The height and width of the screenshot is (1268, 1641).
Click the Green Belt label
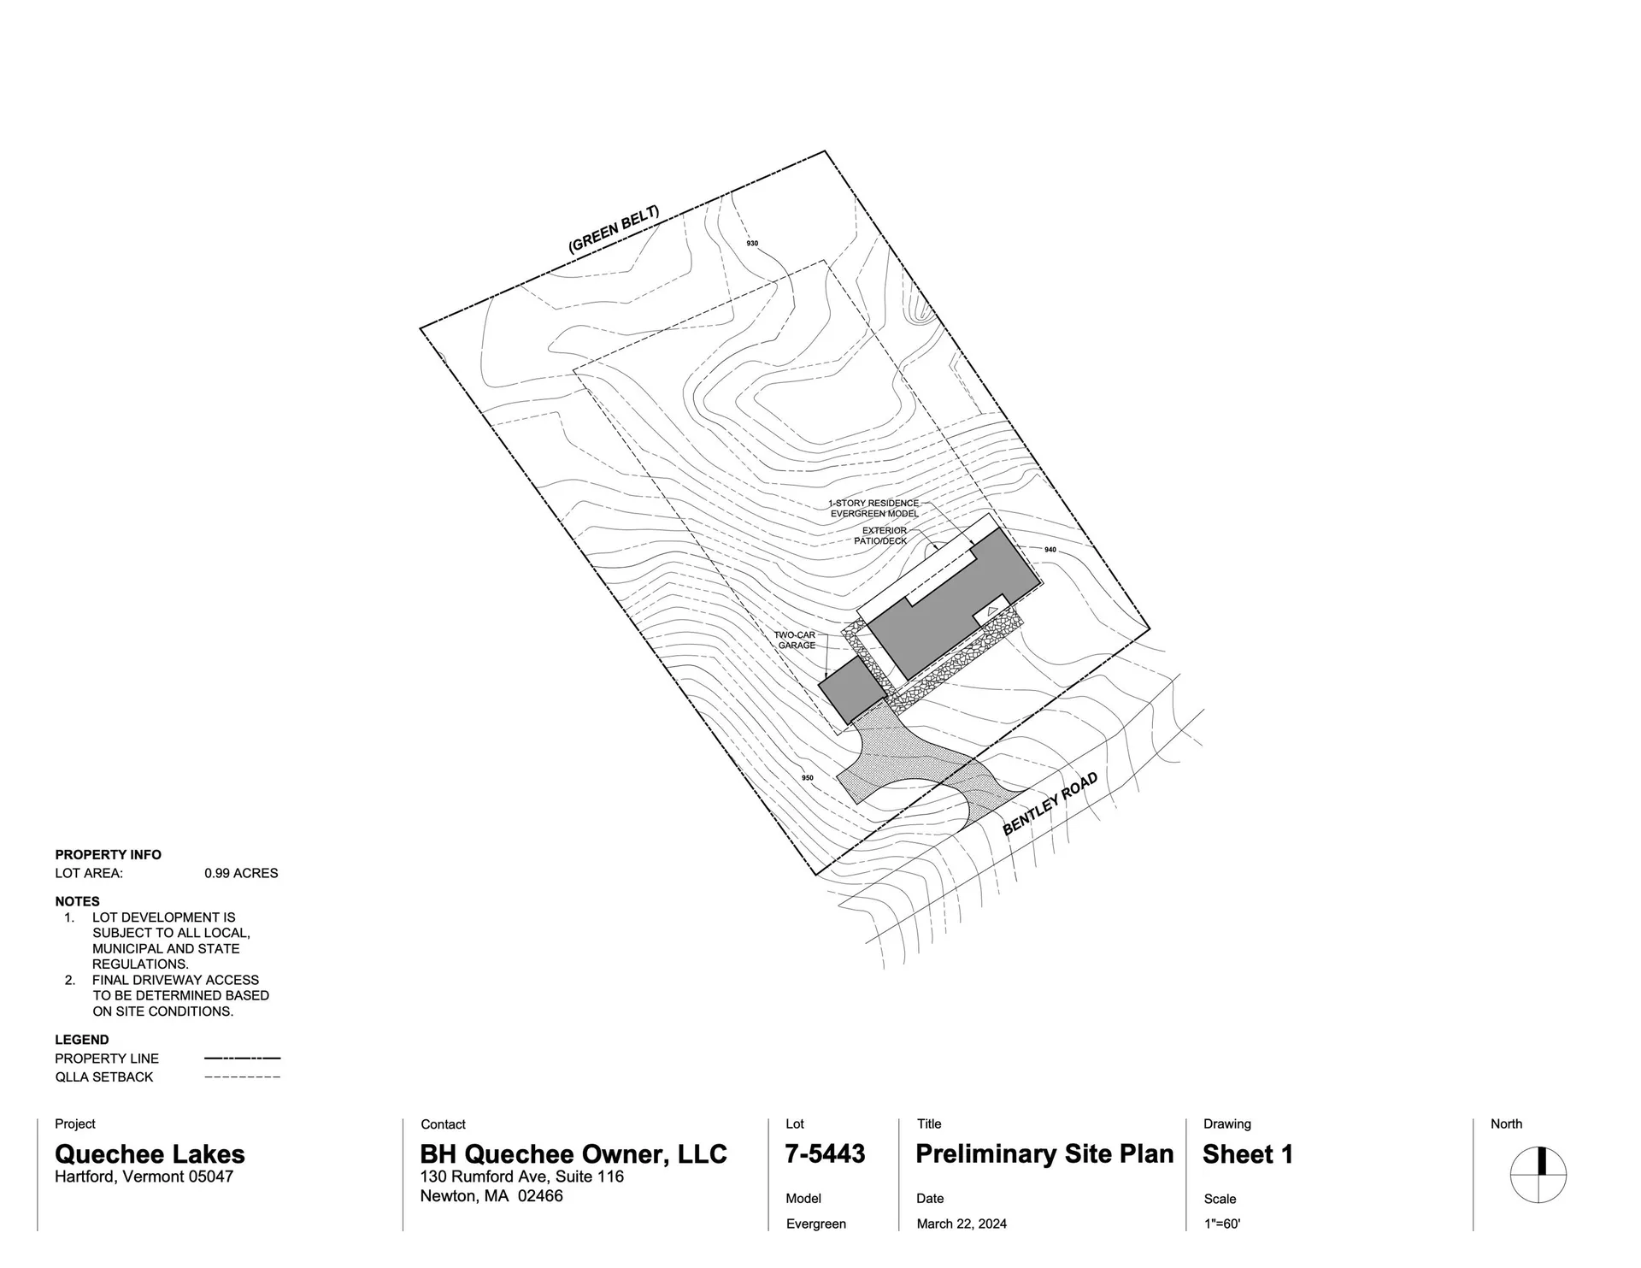614,229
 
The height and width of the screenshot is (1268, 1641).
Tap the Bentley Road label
1050,804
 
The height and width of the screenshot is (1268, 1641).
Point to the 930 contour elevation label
752,244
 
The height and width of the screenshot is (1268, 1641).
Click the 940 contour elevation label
1050,550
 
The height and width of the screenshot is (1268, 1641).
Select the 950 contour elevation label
808,778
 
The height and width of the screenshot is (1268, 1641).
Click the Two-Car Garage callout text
796,640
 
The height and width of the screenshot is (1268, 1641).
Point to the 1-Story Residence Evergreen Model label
873,509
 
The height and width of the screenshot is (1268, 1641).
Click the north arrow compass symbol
1538,1175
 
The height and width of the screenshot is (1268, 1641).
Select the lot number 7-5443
825,1154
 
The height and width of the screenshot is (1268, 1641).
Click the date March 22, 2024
962,1224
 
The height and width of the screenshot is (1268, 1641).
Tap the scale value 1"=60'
1222,1224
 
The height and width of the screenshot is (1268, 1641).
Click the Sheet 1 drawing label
1247,1154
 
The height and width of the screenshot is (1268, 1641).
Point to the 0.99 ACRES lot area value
241,873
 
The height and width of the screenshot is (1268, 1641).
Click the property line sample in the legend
242,1059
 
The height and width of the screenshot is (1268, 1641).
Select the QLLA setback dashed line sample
242,1077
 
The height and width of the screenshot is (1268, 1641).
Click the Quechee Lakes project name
150,1154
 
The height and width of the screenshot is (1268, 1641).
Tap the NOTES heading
77,901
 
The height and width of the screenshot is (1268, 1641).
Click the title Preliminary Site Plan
1044,1154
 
